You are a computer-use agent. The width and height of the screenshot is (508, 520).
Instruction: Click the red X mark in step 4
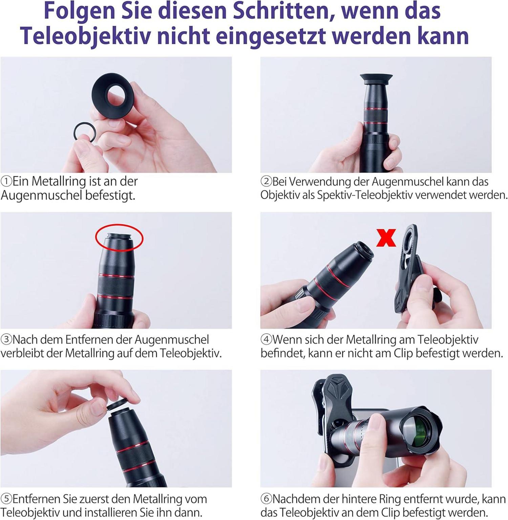click(x=386, y=238)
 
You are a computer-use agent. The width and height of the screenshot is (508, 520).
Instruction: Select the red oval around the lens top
click(x=119, y=238)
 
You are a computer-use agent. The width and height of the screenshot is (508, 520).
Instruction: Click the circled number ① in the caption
click(x=6, y=182)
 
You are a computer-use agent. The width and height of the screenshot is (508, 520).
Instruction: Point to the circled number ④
click(x=266, y=339)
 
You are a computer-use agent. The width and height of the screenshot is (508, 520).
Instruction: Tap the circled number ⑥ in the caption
click(x=266, y=499)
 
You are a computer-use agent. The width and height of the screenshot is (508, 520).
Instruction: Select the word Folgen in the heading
click(x=80, y=11)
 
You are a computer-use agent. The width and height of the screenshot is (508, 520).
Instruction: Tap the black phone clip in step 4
click(x=410, y=271)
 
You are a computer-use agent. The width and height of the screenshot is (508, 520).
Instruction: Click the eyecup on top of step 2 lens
click(x=376, y=79)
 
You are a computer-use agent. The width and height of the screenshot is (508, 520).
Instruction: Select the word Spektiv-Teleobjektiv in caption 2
click(x=369, y=195)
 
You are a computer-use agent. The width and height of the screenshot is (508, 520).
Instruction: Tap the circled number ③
click(x=6, y=339)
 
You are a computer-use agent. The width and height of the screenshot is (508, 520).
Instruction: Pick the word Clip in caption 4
click(x=403, y=353)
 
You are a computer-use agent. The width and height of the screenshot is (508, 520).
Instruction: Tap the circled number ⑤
click(x=6, y=499)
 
